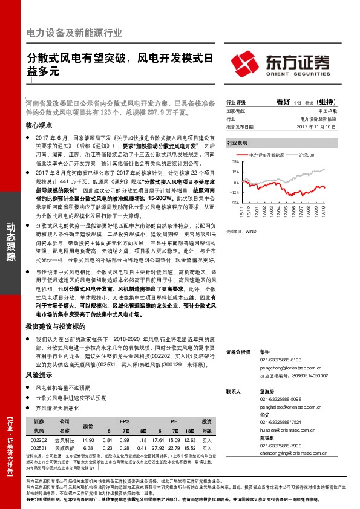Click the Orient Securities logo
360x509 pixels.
(280, 63)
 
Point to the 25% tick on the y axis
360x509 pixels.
(235, 163)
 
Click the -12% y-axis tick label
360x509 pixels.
(234, 192)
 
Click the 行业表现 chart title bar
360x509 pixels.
(278, 144)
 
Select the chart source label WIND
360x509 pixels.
(248, 230)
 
